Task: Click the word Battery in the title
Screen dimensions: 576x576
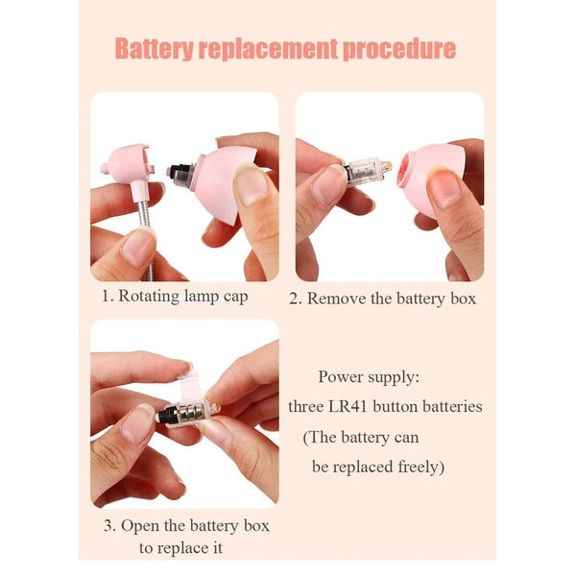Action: [x=154, y=49]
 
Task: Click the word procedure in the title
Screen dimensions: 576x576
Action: [x=399, y=49]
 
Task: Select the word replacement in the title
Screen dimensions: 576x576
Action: [x=268, y=49]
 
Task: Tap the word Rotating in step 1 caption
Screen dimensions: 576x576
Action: [x=149, y=297]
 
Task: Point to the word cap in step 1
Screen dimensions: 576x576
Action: [x=235, y=298]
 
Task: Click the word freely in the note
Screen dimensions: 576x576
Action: [x=419, y=468]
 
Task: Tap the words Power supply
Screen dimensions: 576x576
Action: [x=369, y=377]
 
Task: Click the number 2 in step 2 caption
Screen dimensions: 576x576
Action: [x=293, y=299]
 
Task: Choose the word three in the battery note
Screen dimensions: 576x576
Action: [x=304, y=407]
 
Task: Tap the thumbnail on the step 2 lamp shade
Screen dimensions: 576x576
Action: [x=445, y=186]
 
